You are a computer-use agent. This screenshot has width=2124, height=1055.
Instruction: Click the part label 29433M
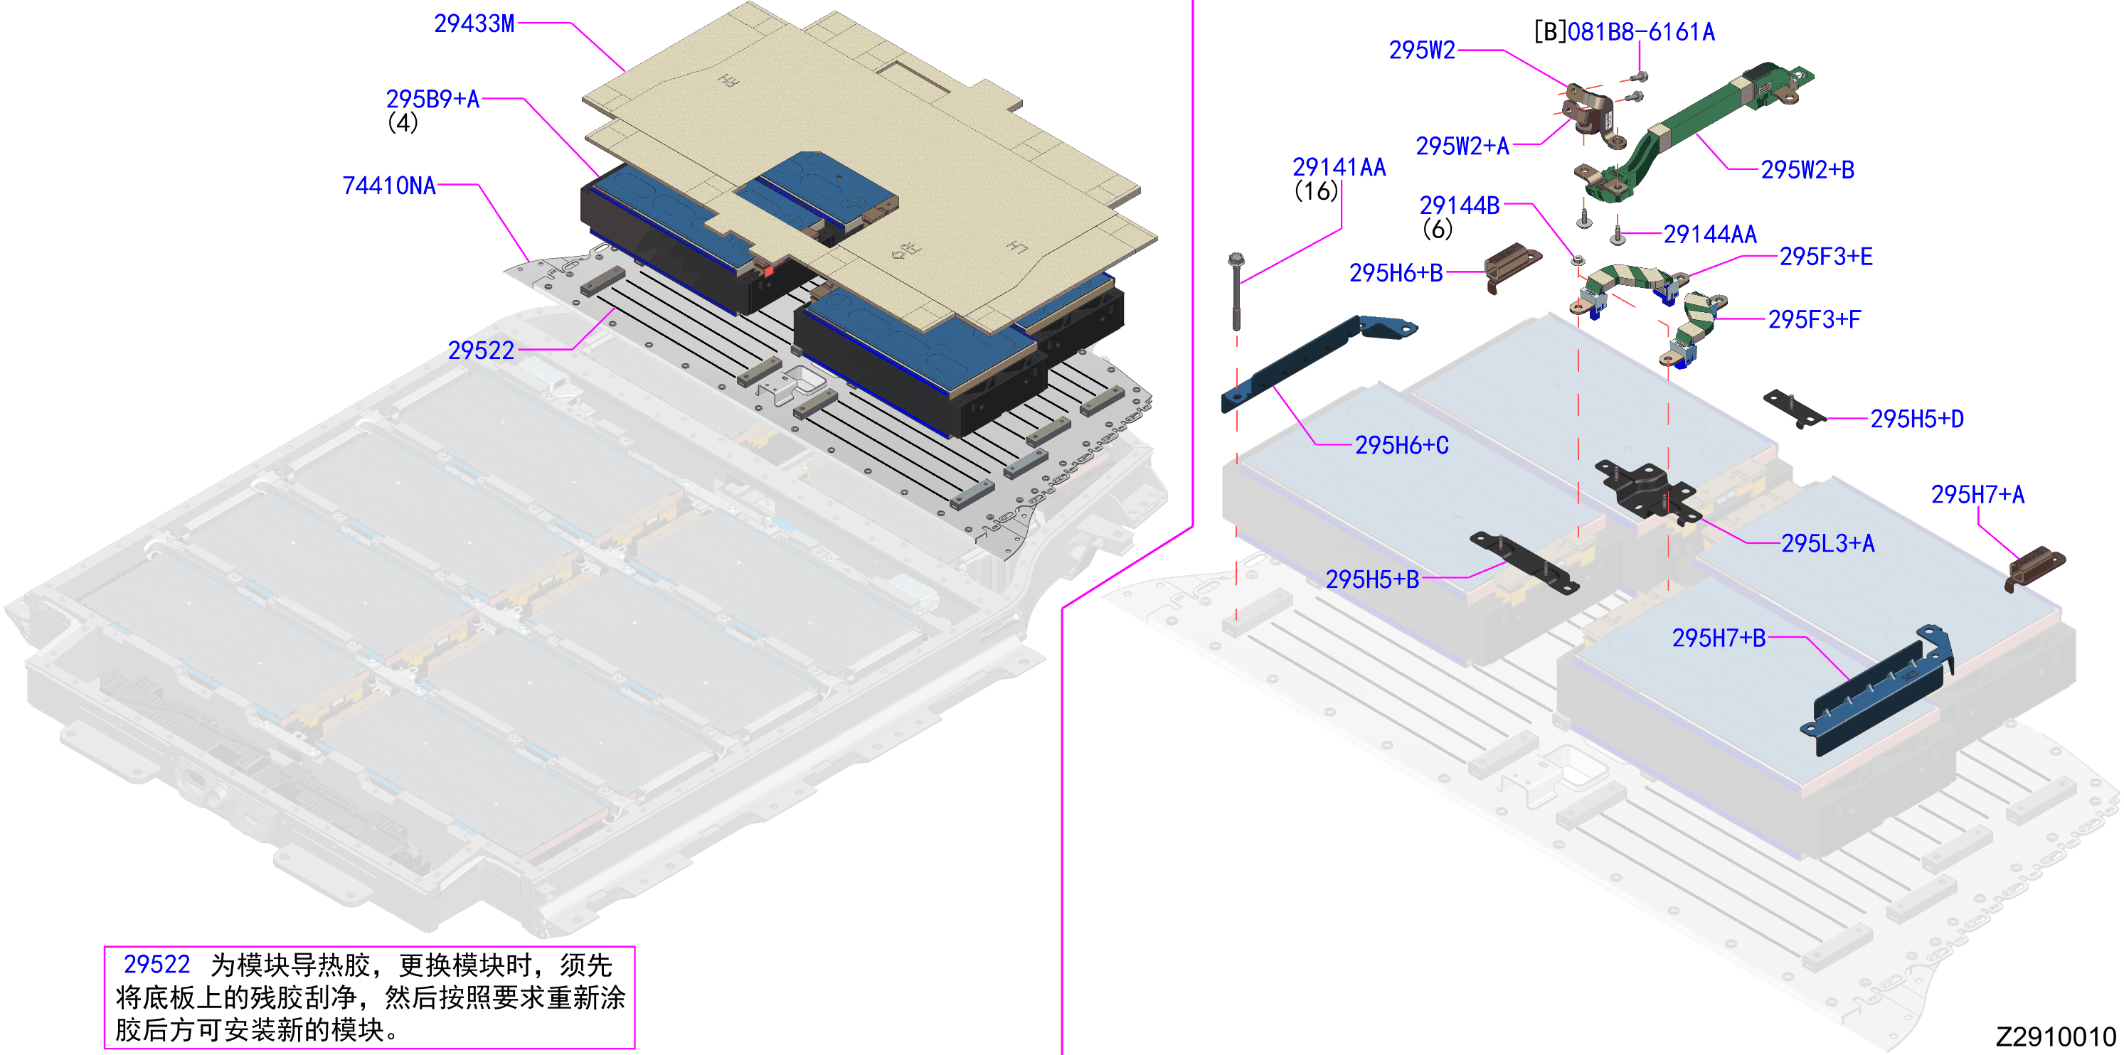tap(474, 24)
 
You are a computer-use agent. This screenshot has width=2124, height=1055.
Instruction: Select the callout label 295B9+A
tap(433, 99)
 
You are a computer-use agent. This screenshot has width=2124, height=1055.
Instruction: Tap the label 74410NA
tap(389, 186)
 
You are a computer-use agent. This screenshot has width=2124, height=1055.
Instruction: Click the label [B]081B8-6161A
tap(1625, 32)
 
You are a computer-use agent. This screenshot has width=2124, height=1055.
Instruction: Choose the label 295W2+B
tap(1807, 170)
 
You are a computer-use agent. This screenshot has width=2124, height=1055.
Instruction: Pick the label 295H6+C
tap(1402, 445)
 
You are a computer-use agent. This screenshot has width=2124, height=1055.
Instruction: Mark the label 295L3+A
tap(1828, 543)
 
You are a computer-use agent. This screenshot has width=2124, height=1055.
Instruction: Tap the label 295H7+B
tap(1719, 638)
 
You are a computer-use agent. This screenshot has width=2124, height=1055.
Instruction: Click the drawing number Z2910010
tap(2056, 1036)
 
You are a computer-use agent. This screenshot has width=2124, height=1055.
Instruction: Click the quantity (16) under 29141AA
tap(1316, 191)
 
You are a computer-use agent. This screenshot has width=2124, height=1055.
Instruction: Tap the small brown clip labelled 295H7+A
tap(2034, 568)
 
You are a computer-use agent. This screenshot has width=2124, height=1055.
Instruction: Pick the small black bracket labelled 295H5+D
tap(1794, 409)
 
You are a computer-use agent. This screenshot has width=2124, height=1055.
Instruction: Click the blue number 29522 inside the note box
tap(156, 964)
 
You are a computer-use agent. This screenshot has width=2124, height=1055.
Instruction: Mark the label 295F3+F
tap(1814, 319)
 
